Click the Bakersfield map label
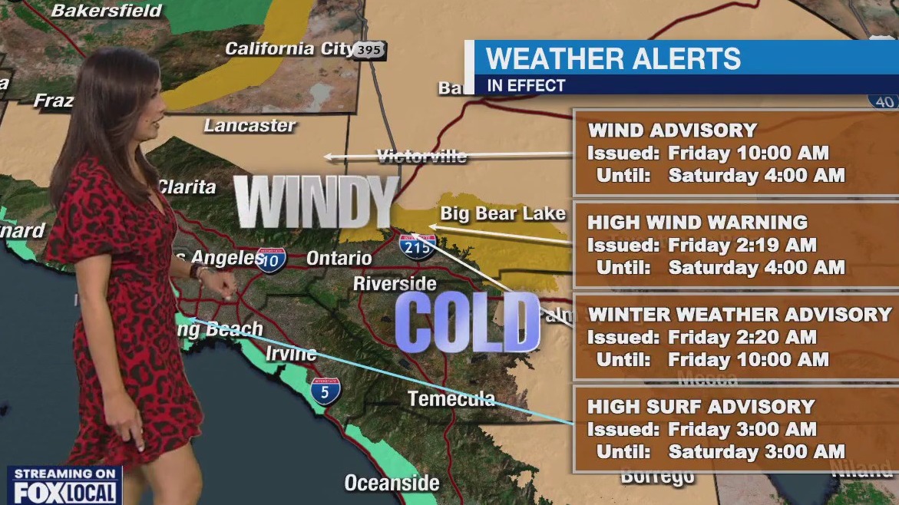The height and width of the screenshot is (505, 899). pyautogui.click(x=107, y=11)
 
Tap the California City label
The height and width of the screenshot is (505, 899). pyautogui.click(x=289, y=49)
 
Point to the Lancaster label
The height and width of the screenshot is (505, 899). pyautogui.click(x=250, y=126)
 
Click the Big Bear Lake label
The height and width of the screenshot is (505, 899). pyautogui.click(x=503, y=213)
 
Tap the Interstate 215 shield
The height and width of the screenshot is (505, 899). pyautogui.click(x=418, y=246)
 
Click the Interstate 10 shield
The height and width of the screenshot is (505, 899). pyautogui.click(x=272, y=259)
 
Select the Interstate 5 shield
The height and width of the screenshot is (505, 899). pyautogui.click(x=326, y=391)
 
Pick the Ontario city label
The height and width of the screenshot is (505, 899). pyautogui.click(x=339, y=259)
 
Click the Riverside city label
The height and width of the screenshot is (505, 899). pyautogui.click(x=395, y=284)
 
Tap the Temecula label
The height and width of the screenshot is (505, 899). pyautogui.click(x=451, y=399)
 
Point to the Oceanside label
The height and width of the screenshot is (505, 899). pyautogui.click(x=392, y=483)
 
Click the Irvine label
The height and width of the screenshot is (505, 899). pyautogui.click(x=291, y=354)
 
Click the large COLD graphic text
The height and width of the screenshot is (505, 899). pyautogui.click(x=468, y=322)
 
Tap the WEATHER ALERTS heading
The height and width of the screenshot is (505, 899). pyautogui.click(x=613, y=59)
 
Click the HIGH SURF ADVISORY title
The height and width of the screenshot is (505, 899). pyautogui.click(x=701, y=407)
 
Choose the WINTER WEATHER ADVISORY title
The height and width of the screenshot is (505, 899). pyautogui.click(x=739, y=315)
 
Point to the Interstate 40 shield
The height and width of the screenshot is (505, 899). pyautogui.click(x=884, y=101)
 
